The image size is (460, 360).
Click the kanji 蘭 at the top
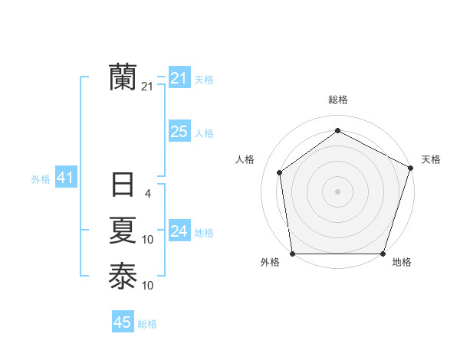coord(123,77)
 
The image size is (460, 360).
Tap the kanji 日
coord(123,185)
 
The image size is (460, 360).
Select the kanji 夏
coord(123,230)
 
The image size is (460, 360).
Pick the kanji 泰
coord(123,275)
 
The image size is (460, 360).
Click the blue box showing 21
coord(179,78)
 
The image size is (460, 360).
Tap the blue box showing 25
coord(179,132)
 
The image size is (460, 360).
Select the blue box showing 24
coord(179,231)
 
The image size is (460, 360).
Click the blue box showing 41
coord(65,178)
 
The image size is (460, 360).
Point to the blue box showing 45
coord(123,322)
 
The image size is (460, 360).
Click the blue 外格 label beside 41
coord(41,179)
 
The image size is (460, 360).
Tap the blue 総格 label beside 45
coord(147,324)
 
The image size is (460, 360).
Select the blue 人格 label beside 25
coord(204,133)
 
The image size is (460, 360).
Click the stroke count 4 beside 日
coord(148,194)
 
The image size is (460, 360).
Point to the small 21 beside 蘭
coord(147,87)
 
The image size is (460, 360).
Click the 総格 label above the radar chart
coord(337,100)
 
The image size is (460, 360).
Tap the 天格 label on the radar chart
coord(431,159)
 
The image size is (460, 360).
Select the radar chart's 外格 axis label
coord(270,263)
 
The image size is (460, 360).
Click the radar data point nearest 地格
coord(383,254)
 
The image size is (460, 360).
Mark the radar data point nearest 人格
coord(280,172)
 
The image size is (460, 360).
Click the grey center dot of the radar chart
coord(337,191)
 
